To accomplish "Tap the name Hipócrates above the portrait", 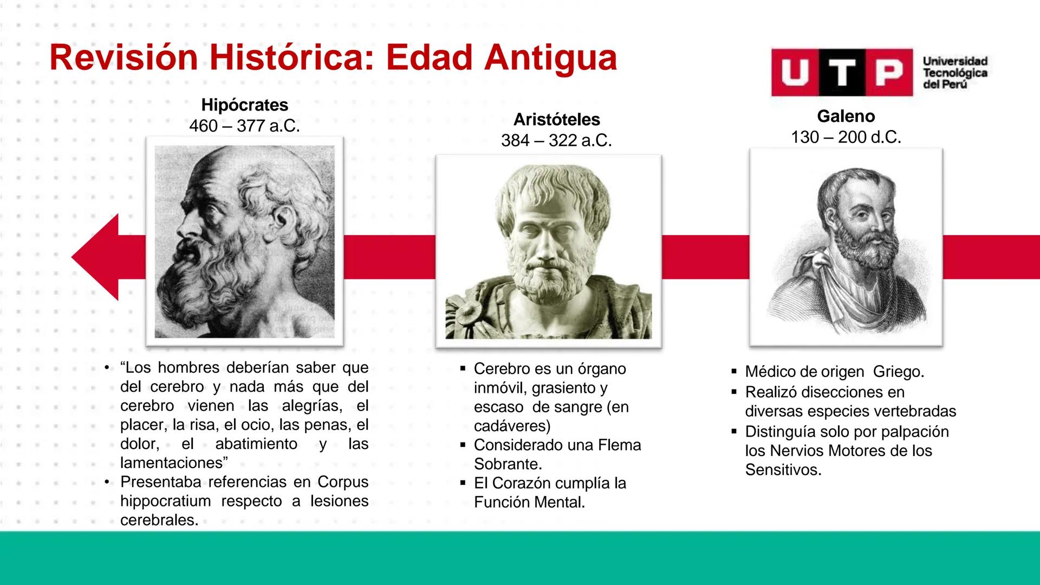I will (x=244, y=105).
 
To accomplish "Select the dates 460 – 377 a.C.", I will (x=244, y=126).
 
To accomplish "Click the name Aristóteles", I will (x=556, y=119).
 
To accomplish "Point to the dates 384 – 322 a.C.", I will (x=556, y=141).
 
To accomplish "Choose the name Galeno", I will (x=846, y=116).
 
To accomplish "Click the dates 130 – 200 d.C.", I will (x=846, y=137).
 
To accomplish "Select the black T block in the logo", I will (x=842, y=73).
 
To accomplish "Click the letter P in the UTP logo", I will (x=889, y=73).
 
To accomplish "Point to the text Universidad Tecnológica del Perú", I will (x=954, y=73).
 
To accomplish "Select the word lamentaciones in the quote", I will (x=171, y=463).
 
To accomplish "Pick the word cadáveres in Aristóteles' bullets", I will (x=511, y=426).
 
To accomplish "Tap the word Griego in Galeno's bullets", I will (x=898, y=372).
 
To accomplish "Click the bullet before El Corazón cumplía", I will (x=463, y=483).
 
